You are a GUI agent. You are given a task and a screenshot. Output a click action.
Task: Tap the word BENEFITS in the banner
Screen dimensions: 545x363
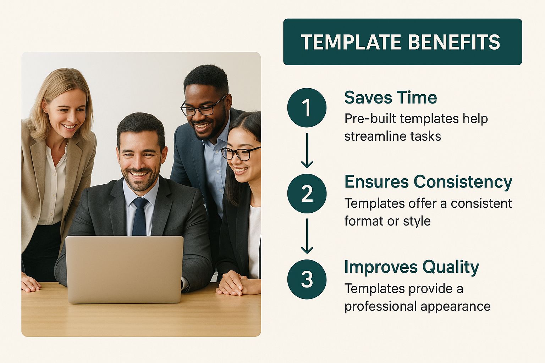pos(454,42)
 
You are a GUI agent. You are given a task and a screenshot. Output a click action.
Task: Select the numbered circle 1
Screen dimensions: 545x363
pos(307,107)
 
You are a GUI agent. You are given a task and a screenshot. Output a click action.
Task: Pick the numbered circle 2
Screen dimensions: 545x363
pos(307,194)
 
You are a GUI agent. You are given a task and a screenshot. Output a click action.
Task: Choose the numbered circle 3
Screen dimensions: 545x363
pos(307,279)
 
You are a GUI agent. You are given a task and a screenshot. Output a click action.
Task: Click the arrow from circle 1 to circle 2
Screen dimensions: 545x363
pos(307,150)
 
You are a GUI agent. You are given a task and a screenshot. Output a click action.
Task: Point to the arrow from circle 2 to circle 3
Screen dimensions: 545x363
pos(307,236)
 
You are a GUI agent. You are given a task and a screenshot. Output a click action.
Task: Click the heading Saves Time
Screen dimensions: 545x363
pos(391,97)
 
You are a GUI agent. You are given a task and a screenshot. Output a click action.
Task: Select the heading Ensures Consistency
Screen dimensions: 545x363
pos(429,182)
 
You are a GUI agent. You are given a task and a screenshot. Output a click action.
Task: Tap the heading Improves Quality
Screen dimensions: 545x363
pos(412,268)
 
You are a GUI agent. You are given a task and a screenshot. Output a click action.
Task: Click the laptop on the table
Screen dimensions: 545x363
pos(124,269)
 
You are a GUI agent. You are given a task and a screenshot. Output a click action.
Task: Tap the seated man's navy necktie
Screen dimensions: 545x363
pos(140,217)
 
